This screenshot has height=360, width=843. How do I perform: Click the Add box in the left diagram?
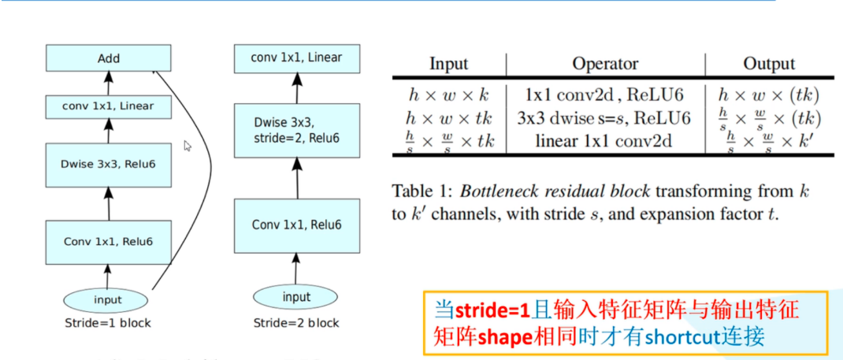pos(108,58)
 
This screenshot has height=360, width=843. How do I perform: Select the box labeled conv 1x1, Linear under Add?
pos(108,106)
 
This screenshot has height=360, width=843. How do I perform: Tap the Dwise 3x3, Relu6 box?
pos(108,164)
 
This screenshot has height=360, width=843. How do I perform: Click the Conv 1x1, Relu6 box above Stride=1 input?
pos(108,242)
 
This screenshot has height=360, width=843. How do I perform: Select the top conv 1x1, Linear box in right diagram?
pos(296,58)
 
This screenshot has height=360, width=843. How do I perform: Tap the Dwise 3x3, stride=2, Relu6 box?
pos(296,131)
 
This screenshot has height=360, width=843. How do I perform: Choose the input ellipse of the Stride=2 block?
pos(296,297)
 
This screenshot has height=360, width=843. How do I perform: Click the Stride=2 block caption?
pos(296,323)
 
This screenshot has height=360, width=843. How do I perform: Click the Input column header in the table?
pos(448,64)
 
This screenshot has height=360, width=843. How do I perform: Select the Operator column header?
pos(605,64)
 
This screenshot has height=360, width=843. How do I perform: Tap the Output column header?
pos(769,64)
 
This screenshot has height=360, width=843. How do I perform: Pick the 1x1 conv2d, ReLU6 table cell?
pos(605,95)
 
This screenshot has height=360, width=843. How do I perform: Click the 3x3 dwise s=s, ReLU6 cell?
pos(605,118)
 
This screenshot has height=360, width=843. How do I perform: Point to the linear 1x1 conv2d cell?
pos(605,141)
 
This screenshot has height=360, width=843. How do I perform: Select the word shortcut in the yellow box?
pos(681,336)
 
